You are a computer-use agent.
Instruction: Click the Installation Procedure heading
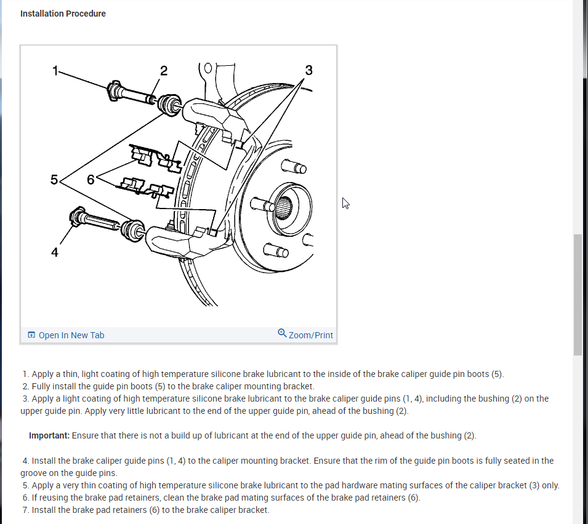pos(63,14)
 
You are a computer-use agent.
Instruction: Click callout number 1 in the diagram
pos(55,71)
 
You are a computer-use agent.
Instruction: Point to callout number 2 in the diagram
pos(163,70)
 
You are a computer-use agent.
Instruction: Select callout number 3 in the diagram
pos(308,70)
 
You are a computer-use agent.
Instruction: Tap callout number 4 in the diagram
pos(55,252)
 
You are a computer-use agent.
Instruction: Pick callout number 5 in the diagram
pos(54,180)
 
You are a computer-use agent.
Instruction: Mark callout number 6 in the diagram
pos(91,180)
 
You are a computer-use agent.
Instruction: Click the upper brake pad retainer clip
pos(154,157)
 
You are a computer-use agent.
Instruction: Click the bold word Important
pos(49,435)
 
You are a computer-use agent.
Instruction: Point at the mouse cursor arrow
pos(346,203)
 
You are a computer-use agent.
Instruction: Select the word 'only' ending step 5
pos(550,485)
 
